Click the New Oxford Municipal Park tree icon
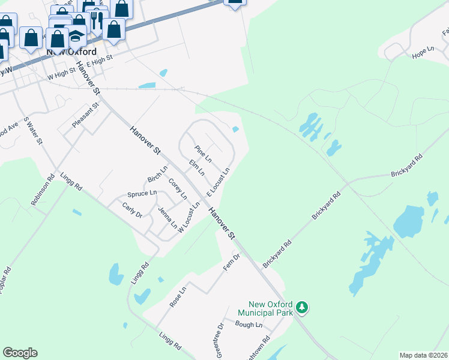[x=303, y=308]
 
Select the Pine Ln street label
[x=203, y=154]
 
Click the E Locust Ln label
[x=219, y=182]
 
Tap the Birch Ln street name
[x=157, y=175]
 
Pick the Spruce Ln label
[x=142, y=194]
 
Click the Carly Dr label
[x=132, y=209]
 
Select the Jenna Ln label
[x=167, y=218]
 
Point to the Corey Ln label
[x=178, y=188]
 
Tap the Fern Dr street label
[x=232, y=262]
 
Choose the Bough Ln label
[x=250, y=325]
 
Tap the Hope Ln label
[x=423, y=52]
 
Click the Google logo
[x=20, y=353]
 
